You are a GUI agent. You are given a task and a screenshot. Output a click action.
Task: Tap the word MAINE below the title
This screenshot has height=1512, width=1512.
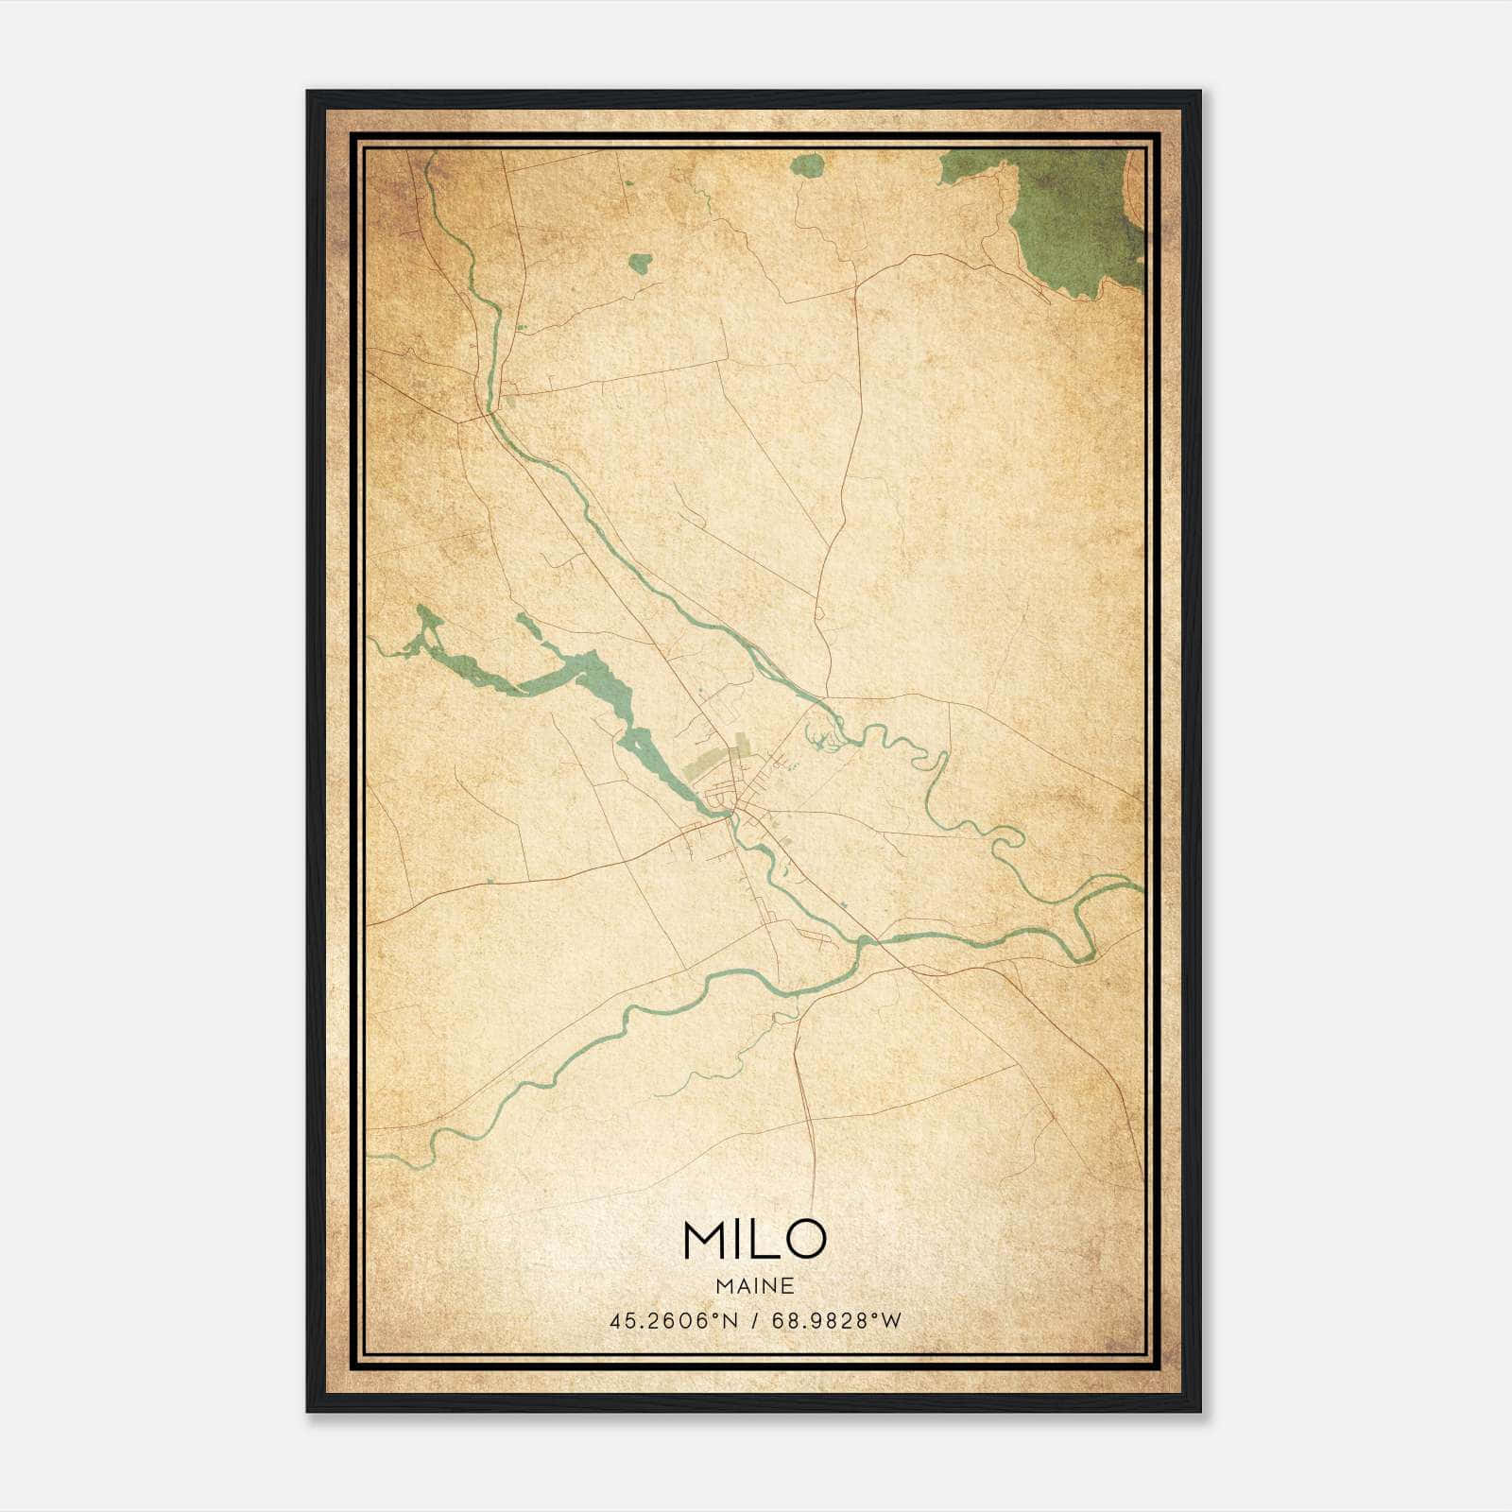pyautogui.click(x=754, y=1285)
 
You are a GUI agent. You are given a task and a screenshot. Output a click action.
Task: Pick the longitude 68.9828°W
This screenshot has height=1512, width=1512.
pyautogui.click(x=836, y=1320)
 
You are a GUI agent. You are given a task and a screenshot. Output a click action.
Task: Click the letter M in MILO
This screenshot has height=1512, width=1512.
pyautogui.click(x=704, y=1239)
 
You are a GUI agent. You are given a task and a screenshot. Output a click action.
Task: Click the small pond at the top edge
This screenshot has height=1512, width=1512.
pyautogui.click(x=806, y=167)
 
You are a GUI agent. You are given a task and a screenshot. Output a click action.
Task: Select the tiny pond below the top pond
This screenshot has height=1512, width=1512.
pyautogui.click(x=641, y=264)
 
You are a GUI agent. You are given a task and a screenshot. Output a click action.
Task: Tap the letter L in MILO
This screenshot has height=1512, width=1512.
pyautogui.click(x=763, y=1239)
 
